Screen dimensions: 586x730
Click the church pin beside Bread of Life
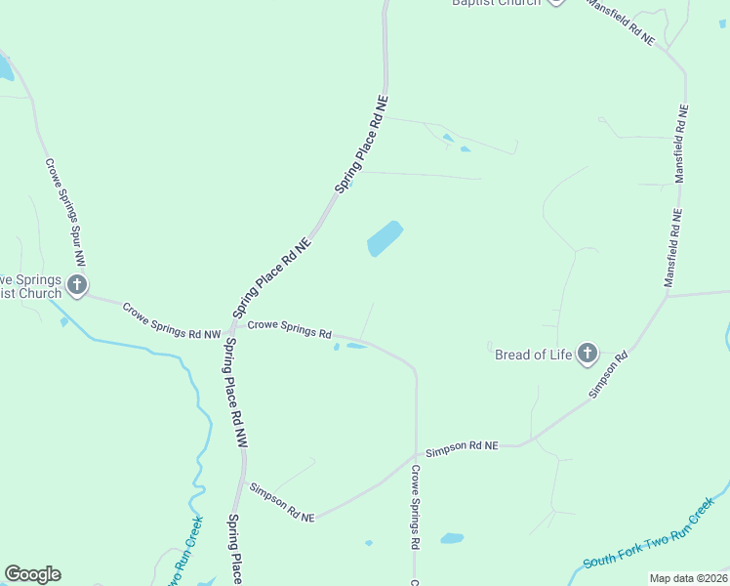pos(587,353)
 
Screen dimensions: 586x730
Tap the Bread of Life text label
pos(534,355)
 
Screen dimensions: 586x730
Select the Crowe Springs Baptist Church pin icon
pos(77,285)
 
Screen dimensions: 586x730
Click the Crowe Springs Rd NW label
pos(172,320)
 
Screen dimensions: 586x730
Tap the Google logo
pos(32,574)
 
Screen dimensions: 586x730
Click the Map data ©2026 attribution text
pos(687,578)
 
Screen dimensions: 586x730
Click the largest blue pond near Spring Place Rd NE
pos(385,238)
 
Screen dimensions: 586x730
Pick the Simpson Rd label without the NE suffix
pos(607,375)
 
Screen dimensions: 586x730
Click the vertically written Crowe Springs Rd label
pos(415,505)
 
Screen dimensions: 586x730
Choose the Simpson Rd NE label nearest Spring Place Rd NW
pos(282,502)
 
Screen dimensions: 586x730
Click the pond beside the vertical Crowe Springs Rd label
pos(452,538)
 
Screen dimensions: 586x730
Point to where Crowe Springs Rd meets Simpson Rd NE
pos(417,454)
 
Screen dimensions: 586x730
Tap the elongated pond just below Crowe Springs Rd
pos(356,345)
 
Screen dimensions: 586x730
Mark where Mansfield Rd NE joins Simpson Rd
pos(668,295)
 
